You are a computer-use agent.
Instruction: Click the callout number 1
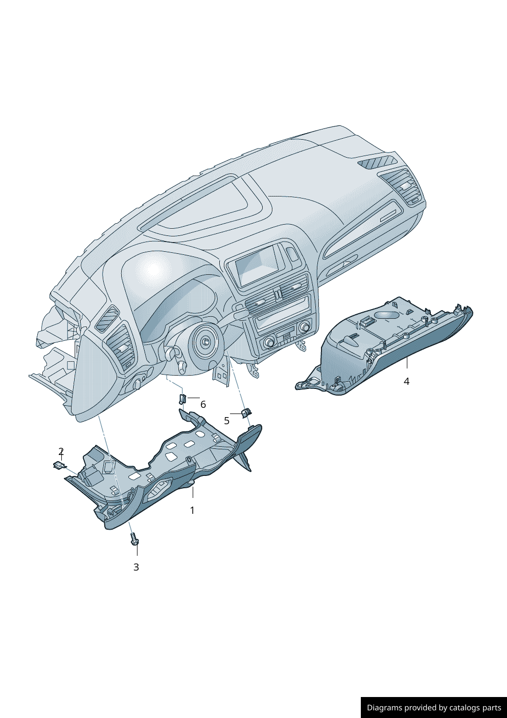pos(192,510)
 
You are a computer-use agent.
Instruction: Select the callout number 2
pos(61,451)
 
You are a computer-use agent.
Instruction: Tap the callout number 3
pos(136,567)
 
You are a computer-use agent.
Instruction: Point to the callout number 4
pos(406,381)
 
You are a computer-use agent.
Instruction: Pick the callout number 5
pos(226,421)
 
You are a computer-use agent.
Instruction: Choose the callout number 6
pos(203,404)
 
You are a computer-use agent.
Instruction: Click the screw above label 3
pos(134,539)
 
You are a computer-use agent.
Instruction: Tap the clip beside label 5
pos(246,412)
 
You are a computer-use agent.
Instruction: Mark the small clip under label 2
pos(60,465)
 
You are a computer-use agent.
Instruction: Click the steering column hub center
pos(206,342)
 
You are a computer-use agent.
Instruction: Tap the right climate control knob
pos(305,326)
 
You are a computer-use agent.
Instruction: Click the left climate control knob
pos(269,341)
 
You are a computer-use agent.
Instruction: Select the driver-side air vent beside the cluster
pos(123,347)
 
